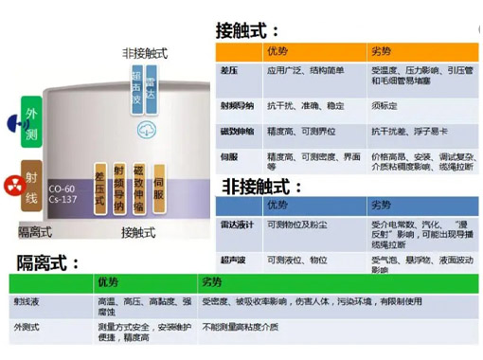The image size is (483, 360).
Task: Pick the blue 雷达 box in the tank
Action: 151,87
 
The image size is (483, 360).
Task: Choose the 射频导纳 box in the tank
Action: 118,188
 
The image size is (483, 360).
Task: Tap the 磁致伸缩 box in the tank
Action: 138,188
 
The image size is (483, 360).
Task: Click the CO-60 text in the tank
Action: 63,189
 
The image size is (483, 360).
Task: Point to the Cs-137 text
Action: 63,200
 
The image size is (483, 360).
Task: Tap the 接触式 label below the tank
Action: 141,232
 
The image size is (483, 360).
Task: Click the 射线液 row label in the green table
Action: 27,301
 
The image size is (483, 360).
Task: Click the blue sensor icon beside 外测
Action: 13,123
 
